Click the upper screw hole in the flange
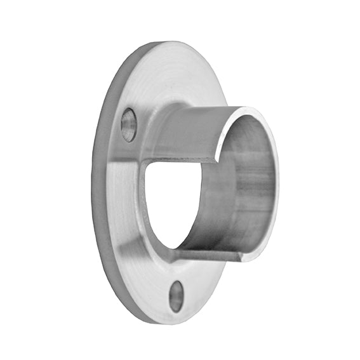click(128, 124)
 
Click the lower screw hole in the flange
click(176, 296)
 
